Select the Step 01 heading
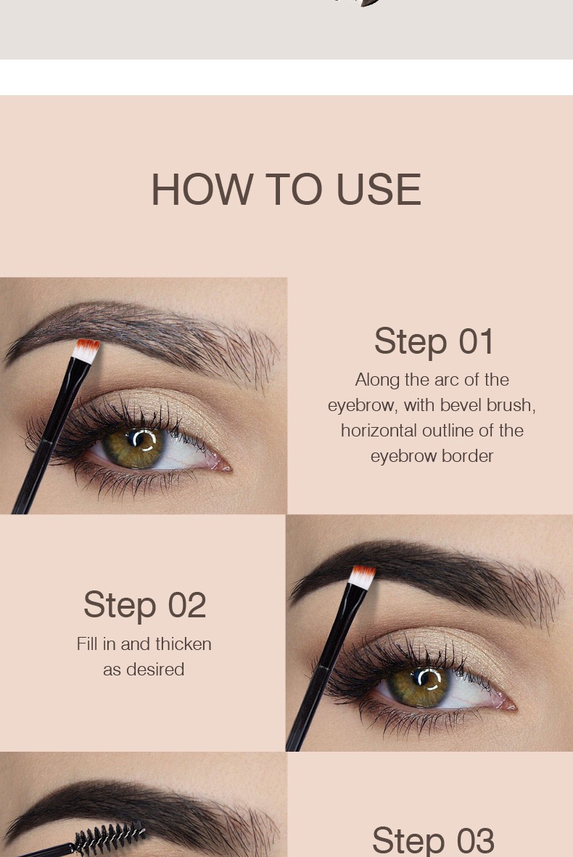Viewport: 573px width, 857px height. tap(434, 341)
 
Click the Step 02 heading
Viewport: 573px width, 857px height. tap(144, 605)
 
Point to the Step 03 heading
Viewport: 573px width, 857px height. tap(433, 840)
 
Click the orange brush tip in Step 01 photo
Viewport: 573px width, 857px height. tap(86, 348)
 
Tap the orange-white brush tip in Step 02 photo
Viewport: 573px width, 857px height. tap(362, 576)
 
